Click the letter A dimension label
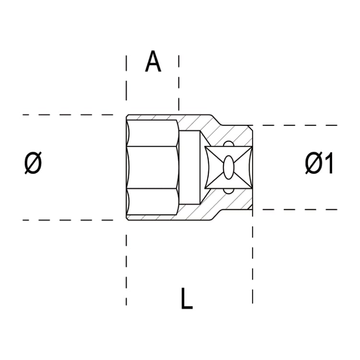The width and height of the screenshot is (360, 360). [x=153, y=62]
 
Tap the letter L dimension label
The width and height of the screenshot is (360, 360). [x=186, y=299]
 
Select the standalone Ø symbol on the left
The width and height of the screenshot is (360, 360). [x=33, y=163]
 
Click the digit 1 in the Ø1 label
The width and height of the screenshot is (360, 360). [x=327, y=164]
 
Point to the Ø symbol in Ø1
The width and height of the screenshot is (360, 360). [x=312, y=164]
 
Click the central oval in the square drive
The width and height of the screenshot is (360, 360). [x=228, y=168]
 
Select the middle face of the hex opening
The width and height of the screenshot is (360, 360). [x=154, y=168]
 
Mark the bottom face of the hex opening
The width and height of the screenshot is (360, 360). [x=154, y=203]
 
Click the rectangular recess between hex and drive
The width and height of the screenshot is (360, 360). [x=191, y=168]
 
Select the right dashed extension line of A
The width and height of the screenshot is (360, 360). [x=179, y=82]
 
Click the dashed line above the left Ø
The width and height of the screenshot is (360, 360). [x=67, y=115]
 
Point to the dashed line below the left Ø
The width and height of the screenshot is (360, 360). [x=67, y=220]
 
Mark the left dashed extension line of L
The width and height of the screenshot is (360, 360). [x=126, y=269]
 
